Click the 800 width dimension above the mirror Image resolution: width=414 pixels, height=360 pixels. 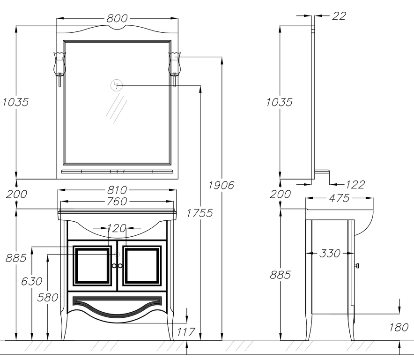click(x=117, y=18)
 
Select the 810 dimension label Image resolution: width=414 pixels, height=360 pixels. click(x=117, y=190)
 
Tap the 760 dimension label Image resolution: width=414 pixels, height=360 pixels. click(x=117, y=202)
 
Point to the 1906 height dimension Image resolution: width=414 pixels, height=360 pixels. click(x=222, y=185)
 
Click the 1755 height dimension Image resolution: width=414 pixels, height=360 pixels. click(x=200, y=213)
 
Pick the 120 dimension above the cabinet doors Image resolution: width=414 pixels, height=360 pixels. click(x=117, y=228)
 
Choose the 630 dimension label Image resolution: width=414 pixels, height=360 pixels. click(x=32, y=281)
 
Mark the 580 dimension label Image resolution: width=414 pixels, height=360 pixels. click(x=48, y=297)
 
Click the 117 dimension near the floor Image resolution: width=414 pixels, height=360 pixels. click(x=186, y=332)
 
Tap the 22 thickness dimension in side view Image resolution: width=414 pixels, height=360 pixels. click(x=338, y=16)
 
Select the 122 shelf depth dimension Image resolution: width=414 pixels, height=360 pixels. click(x=355, y=185)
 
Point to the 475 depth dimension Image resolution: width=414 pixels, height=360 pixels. click(x=339, y=198)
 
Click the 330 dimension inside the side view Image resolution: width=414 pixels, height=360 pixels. click(x=330, y=254)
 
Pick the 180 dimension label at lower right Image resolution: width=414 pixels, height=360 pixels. click(x=399, y=327)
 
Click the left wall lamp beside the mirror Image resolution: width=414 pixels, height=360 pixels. click(x=59, y=66)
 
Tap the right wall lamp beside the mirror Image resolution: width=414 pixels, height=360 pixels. click(x=174, y=66)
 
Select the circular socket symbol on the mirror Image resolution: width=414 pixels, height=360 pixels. click(x=117, y=85)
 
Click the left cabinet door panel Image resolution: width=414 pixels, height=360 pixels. click(x=92, y=266)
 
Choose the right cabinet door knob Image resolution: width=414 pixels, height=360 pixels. click(x=120, y=266)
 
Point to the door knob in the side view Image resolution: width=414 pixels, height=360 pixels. click(x=357, y=266)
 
